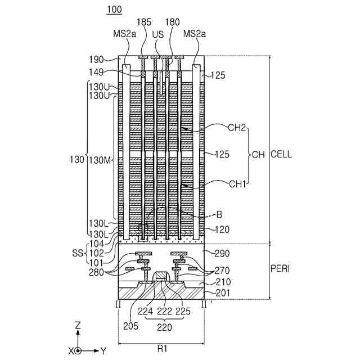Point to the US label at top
point(159,34)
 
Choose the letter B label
point(219,214)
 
